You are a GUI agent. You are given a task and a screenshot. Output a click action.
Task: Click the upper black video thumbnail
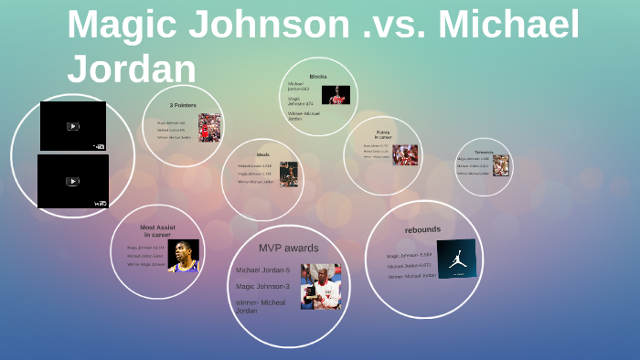pyautogui.click(x=73, y=126)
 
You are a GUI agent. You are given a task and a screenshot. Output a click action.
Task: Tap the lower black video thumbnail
pyautogui.click(x=73, y=181)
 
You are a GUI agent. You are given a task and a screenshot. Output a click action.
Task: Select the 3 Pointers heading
pyautogui.click(x=183, y=105)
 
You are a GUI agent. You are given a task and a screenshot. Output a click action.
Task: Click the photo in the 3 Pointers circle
pyautogui.click(x=209, y=127)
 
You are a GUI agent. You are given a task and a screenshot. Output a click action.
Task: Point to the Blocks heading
pyautogui.click(x=318, y=77)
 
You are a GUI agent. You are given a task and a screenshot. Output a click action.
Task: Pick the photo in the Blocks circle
pyautogui.click(x=336, y=95)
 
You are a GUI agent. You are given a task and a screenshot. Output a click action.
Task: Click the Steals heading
pyautogui.click(x=263, y=154)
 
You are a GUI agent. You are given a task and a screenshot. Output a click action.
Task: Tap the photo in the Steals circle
pyautogui.click(x=289, y=174)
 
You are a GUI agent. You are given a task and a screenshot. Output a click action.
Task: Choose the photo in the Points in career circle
pyautogui.click(x=405, y=154)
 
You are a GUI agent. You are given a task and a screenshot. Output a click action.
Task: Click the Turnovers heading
pyautogui.click(x=484, y=152)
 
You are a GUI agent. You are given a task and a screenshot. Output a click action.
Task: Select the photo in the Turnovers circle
pyautogui.click(x=501, y=165)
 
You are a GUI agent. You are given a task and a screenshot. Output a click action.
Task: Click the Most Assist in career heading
pyautogui.click(x=157, y=230)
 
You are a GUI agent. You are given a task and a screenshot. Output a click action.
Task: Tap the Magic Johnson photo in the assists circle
pyautogui.click(x=183, y=256)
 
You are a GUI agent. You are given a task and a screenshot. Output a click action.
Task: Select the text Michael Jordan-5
pyautogui.click(x=262, y=270)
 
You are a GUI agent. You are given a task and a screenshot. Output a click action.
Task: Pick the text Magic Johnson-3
pyautogui.click(x=262, y=286)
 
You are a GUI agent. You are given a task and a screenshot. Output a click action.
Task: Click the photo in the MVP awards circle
pyautogui.click(x=320, y=286)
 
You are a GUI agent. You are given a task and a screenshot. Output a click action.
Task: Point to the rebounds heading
pyautogui.click(x=422, y=229)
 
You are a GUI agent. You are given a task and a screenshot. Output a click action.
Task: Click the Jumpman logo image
pyautogui.click(x=456, y=259)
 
